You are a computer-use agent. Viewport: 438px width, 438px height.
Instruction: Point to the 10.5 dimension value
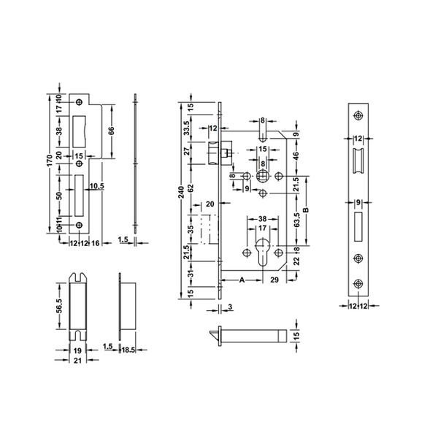coord(96,186)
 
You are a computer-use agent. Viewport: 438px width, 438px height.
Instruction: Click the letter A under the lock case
coord(242,280)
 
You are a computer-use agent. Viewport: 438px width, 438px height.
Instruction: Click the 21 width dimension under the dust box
coord(77,360)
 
